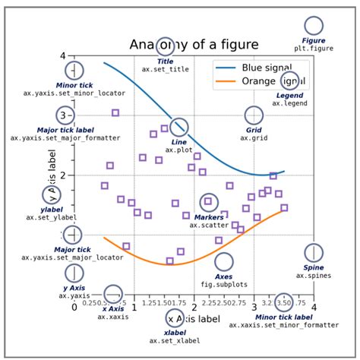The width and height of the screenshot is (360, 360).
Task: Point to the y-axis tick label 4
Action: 63,56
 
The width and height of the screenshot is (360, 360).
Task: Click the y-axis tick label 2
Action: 63,175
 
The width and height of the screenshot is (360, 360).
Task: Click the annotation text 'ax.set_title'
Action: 165,69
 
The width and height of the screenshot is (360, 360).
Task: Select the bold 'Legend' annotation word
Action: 289,95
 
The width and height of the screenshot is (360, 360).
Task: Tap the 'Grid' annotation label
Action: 254,130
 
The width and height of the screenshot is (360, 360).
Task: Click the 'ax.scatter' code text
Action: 208,225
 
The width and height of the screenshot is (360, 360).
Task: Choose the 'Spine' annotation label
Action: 314,268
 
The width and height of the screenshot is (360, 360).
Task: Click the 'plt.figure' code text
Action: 314,48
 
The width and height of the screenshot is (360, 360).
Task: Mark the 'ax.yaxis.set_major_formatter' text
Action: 61,137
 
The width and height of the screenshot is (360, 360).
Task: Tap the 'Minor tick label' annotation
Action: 283,317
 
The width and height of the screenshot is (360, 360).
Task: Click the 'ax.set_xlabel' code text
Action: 175,340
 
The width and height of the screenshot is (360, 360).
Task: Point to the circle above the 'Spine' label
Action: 314,252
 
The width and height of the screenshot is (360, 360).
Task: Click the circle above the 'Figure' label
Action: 314,25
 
